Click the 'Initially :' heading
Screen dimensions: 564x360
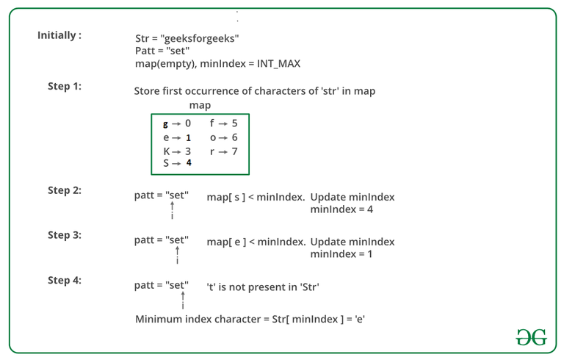tap(59, 35)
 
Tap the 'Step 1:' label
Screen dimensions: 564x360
tap(65, 87)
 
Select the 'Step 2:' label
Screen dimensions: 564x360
tap(65, 190)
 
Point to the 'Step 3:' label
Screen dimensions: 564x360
tap(65, 235)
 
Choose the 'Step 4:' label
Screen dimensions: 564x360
tap(65, 280)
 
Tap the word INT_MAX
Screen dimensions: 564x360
tap(278, 64)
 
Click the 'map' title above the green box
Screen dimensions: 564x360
tap(200, 106)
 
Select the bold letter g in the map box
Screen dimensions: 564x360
tap(165, 124)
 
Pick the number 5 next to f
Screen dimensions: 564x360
tap(234, 123)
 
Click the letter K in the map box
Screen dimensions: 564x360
tap(167, 151)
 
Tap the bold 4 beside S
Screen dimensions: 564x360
tap(189, 162)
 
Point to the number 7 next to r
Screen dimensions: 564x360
tap(234, 151)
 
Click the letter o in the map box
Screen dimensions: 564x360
tap(213, 138)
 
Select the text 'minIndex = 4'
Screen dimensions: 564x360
tap(341, 209)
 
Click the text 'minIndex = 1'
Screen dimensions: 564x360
tap(341, 254)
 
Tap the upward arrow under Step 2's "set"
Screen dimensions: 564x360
tap(173, 206)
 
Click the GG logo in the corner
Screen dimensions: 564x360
tap(532, 337)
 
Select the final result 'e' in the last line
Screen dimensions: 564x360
tap(360, 320)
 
